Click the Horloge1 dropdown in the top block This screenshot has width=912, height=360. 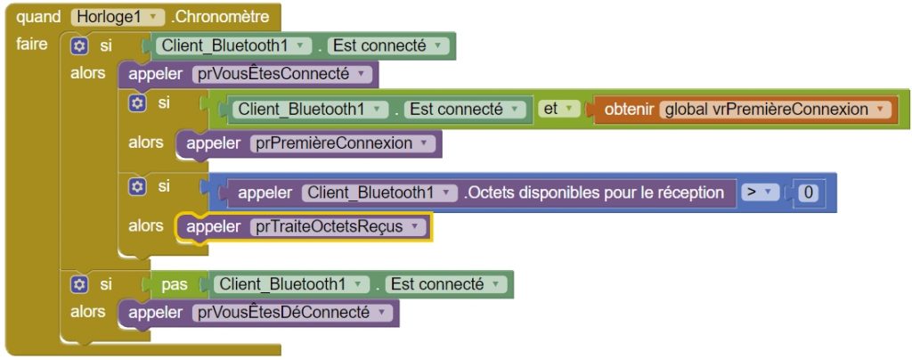click(x=117, y=17)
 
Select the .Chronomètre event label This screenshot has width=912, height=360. click(x=220, y=17)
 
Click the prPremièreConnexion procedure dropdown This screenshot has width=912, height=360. click(x=342, y=143)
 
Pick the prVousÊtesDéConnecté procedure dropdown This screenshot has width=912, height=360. click(x=292, y=313)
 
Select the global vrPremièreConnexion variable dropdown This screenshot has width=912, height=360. click(x=776, y=110)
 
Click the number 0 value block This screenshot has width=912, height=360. click(x=808, y=192)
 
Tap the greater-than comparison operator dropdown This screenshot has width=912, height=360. click(x=760, y=192)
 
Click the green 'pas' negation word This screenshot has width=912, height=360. click(x=175, y=284)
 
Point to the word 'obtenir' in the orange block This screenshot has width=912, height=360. click(x=629, y=110)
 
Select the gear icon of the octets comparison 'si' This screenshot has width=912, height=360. click(x=137, y=187)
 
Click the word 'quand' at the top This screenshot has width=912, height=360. click(x=38, y=18)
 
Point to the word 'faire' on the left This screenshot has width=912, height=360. click(x=32, y=45)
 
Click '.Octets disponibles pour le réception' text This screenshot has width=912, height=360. click(x=594, y=192)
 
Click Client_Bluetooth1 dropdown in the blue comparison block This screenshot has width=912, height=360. click(x=379, y=192)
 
